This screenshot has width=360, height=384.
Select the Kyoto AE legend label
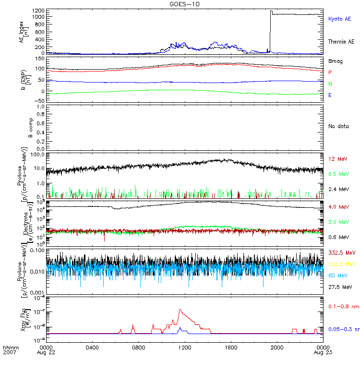point(339,19)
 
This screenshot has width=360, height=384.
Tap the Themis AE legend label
point(341,42)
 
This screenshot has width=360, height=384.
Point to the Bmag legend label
point(335,61)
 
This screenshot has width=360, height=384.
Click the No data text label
point(338,126)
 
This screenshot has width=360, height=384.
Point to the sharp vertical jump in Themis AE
point(270,31)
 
